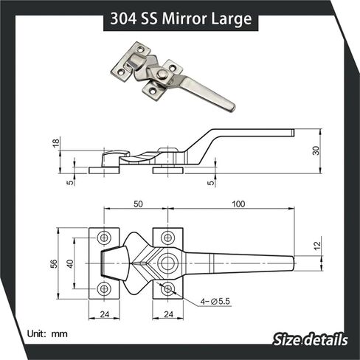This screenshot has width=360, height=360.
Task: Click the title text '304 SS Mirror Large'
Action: pos(179,16)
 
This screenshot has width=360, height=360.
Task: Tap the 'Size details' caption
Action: pos(309,340)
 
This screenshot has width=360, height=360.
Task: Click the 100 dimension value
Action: pos(238,203)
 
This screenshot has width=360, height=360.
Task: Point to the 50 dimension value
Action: pos(138,203)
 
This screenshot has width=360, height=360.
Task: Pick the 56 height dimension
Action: pos(54,263)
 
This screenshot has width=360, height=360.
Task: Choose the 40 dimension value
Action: pos(69,263)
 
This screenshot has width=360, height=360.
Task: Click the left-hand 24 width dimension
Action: pos(105,313)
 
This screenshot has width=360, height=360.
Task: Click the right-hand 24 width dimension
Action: pos(168,313)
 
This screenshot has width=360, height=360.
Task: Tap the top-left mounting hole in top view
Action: pos(104,238)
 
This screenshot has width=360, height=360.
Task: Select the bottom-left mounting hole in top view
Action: pos(104,288)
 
